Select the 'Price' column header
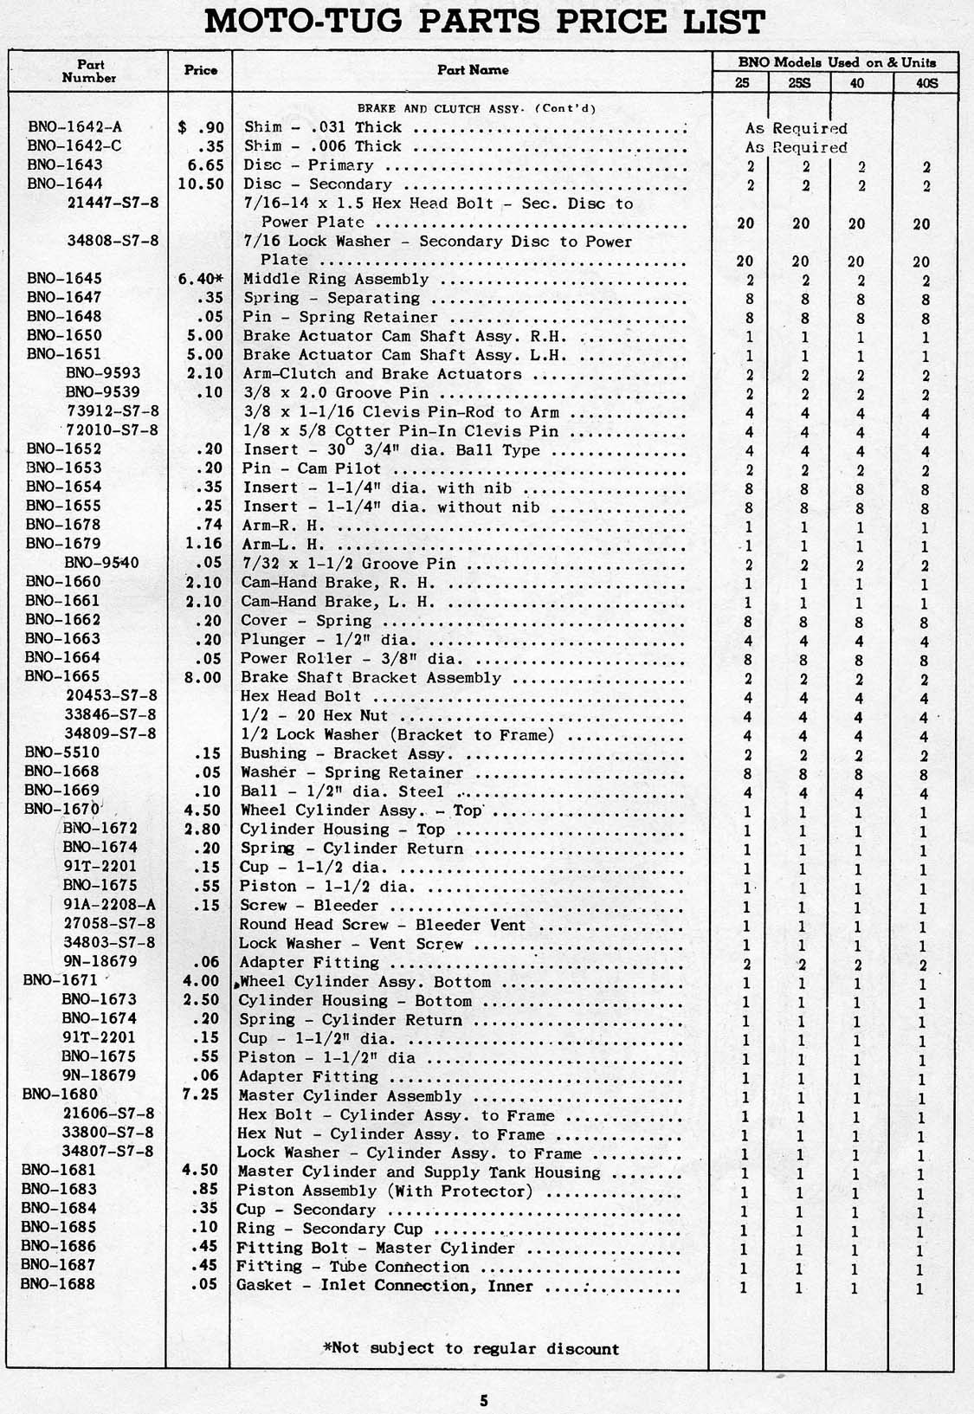click(x=201, y=70)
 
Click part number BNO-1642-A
click(x=74, y=126)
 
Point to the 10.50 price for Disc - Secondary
click(x=202, y=184)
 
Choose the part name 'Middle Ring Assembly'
click(x=336, y=279)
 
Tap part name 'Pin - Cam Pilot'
click(x=312, y=468)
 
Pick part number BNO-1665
click(x=62, y=676)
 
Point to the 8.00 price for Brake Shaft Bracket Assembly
click(x=204, y=677)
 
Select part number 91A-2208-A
click(x=108, y=905)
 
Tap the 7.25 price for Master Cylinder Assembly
click(x=205, y=1094)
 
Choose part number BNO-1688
click(x=59, y=1284)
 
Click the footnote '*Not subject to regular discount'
click(x=471, y=1348)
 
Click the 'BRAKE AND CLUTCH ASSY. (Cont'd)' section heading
click(x=477, y=108)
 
